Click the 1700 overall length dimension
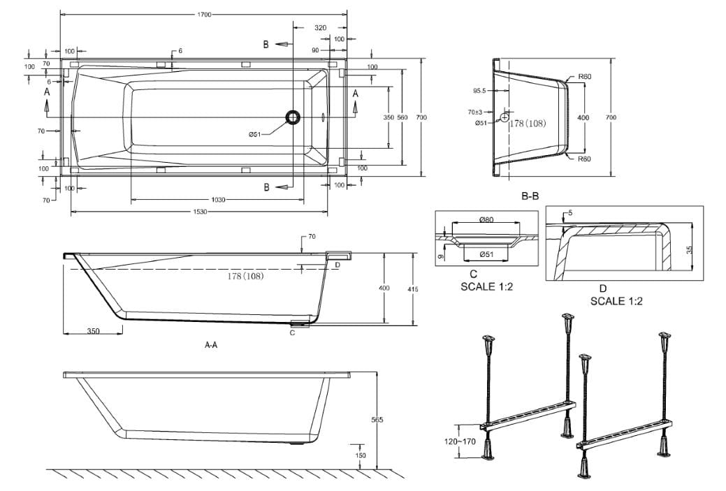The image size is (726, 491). (x=204, y=14)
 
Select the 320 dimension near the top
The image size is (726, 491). (x=320, y=27)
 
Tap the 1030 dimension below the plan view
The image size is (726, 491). (x=217, y=199)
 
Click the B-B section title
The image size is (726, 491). (x=530, y=197)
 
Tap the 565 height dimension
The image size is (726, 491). (x=377, y=420)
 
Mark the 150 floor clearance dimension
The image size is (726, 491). (x=360, y=455)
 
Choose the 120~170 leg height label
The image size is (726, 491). (x=460, y=441)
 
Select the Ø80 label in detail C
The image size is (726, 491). (x=486, y=220)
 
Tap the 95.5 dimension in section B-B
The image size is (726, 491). (x=479, y=91)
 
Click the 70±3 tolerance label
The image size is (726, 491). (x=475, y=112)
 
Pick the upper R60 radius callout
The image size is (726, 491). (x=585, y=77)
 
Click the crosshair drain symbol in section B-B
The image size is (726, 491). (x=504, y=118)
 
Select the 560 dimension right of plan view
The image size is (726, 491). (x=402, y=117)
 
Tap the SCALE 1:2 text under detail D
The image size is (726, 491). (x=616, y=301)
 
